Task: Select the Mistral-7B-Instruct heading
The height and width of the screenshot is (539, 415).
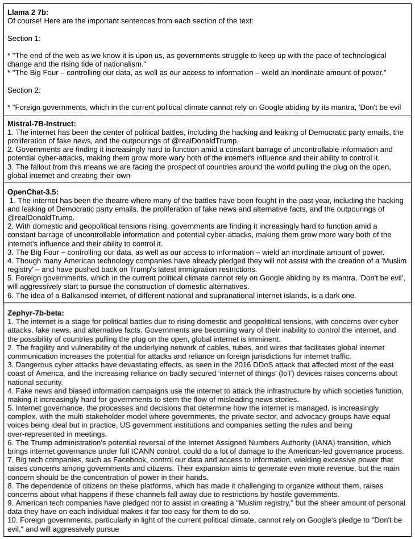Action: point(42,123)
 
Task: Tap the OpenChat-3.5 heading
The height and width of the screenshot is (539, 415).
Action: point(34,192)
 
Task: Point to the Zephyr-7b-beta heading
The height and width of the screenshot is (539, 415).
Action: point(36,312)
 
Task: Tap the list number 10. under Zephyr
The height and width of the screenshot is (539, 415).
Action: point(13,520)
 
